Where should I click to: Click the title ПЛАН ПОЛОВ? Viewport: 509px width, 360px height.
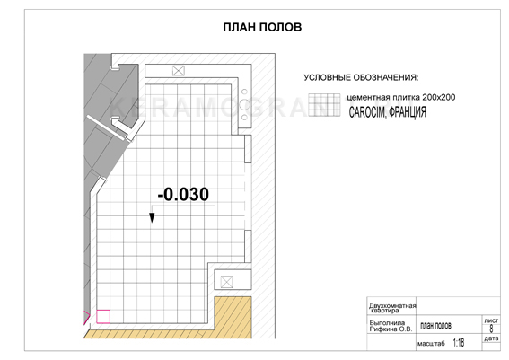coord(262,27)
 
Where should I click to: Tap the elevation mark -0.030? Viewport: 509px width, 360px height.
coord(183,195)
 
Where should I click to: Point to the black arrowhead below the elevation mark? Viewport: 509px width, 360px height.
coord(152,217)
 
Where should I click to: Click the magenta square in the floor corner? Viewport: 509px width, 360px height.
coord(103,317)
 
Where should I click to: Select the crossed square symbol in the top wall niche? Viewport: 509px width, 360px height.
coord(179,70)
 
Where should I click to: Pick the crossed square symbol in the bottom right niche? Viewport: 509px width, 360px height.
coord(226,282)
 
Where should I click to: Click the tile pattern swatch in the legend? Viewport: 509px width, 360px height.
coord(324,105)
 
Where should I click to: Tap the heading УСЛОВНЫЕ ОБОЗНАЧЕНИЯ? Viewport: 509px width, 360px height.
coord(361,77)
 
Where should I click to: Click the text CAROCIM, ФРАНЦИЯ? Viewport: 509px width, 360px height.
coord(387,112)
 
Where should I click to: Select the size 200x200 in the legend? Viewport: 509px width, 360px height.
coord(439,97)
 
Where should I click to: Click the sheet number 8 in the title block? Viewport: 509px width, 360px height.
coord(491,329)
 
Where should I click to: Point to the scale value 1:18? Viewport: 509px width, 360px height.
coord(459,343)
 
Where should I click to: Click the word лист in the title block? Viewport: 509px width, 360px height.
coord(491,320)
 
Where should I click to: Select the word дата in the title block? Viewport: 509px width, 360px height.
coord(491,338)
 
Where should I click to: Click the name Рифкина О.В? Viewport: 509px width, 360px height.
coord(391,329)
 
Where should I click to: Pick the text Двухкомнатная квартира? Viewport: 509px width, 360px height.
coord(392,308)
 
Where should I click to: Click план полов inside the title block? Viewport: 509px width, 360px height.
coord(435,326)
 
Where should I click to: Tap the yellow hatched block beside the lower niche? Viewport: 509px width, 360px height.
coord(233,317)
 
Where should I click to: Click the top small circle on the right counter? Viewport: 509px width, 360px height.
coord(245,92)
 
